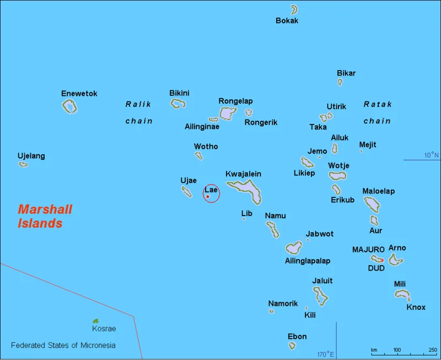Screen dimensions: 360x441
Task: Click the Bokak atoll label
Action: click(287, 20)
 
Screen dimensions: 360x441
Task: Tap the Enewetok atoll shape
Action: click(69, 106)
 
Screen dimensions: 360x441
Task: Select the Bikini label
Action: click(179, 93)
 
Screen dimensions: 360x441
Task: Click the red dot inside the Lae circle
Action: click(207, 196)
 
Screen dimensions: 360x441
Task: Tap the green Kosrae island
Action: click(95, 320)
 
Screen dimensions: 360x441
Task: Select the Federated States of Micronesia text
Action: click(63, 346)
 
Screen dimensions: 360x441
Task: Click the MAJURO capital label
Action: click(368, 250)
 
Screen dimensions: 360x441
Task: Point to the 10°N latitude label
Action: click(432, 155)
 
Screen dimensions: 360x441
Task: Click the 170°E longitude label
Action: click(325, 353)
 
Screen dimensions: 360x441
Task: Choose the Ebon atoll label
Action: click(297, 336)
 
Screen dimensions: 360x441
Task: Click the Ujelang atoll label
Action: click(31, 156)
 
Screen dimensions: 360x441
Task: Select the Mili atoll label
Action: click(400, 284)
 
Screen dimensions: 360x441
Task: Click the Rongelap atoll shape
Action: click(227, 114)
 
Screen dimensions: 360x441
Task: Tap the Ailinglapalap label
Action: click(308, 261)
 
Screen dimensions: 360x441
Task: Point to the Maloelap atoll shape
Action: click(372, 205)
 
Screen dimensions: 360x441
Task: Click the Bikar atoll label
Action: click(346, 73)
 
